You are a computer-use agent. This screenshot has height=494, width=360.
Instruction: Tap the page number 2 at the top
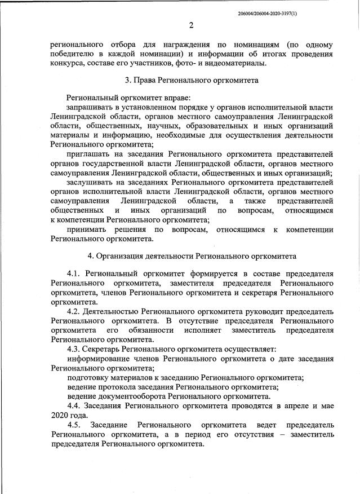(x=191, y=25)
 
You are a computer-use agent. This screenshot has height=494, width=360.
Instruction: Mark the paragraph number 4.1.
(x=75, y=274)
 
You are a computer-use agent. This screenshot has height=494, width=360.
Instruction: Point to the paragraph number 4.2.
(x=75, y=312)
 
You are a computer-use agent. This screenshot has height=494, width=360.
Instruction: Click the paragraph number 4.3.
(x=75, y=349)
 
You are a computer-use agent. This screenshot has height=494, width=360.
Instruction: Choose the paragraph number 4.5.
(x=75, y=424)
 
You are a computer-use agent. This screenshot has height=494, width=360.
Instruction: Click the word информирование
(x=98, y=359)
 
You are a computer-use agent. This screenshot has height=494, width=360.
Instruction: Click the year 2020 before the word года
(x=60, y=414)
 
